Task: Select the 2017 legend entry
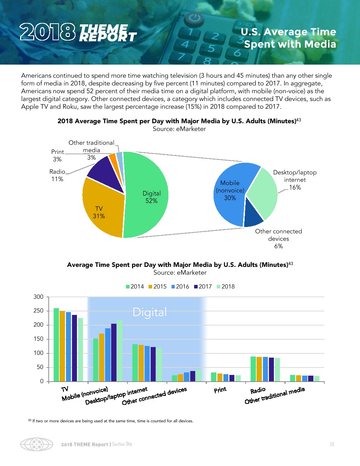coord(203,287)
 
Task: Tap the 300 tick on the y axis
coord(38,297)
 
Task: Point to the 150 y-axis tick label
coord(38,339)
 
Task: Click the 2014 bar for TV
coord(56,345)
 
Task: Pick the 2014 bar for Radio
coord(253,369)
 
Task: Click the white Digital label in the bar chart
coord(150,312)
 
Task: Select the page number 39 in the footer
coord(332,444)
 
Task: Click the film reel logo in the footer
coord(36,444)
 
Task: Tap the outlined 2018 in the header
coord(48,32)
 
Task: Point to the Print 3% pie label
coord(58,155)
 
